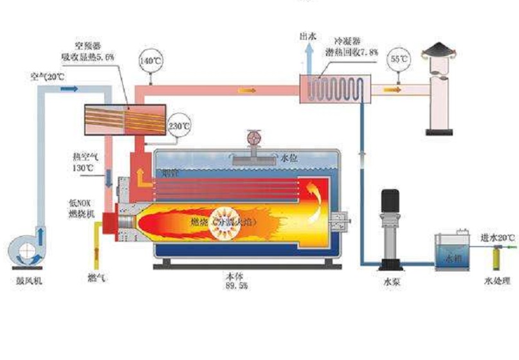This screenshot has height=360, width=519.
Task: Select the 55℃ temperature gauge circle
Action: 399,59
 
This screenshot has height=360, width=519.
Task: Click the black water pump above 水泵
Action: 390,228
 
